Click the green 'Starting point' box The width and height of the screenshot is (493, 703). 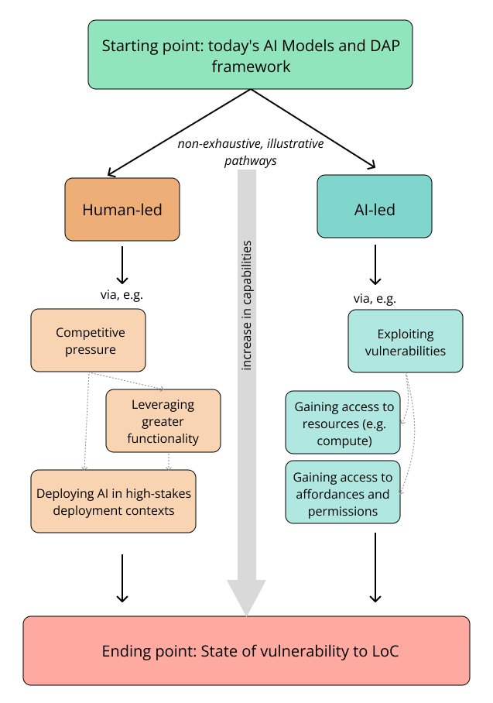250,54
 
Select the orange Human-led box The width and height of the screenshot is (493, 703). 122,209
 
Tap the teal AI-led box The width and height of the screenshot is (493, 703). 375,206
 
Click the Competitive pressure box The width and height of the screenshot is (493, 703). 88,341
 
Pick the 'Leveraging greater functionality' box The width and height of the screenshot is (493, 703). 163,421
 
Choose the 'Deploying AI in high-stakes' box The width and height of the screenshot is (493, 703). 113,502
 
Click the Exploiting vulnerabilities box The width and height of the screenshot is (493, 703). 406,341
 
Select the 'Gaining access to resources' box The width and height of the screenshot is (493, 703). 343,424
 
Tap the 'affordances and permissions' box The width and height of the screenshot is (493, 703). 343,493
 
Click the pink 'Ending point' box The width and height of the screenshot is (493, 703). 246,651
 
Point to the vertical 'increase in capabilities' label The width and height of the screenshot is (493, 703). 247,305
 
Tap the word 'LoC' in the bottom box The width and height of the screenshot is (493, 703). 384,651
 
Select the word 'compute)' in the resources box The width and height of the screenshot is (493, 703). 344,441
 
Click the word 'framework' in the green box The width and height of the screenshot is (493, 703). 252,66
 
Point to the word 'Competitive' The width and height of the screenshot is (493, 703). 91,332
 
